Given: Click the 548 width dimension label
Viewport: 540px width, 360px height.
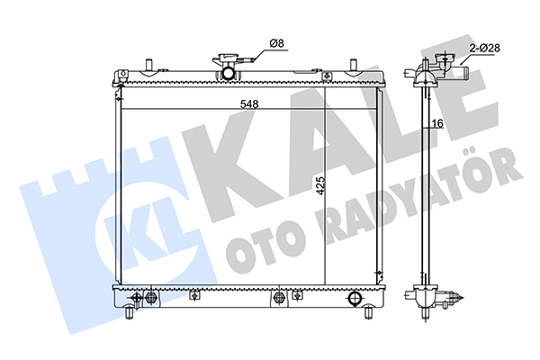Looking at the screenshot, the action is pos(249,104).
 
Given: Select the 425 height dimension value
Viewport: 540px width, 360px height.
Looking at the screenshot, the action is pos(320,185).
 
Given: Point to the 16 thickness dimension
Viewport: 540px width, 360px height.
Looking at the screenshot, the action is pos(437,123).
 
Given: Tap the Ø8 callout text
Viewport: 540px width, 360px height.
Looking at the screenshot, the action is pos(277,43).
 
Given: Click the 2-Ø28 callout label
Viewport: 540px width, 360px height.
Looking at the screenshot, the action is pos(484,48).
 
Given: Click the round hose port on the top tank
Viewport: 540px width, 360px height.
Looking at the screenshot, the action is pos(228,74).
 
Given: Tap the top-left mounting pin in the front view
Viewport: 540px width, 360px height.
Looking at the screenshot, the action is pos(149,65).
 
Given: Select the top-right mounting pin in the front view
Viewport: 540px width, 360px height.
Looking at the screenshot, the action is pos(353,65).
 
